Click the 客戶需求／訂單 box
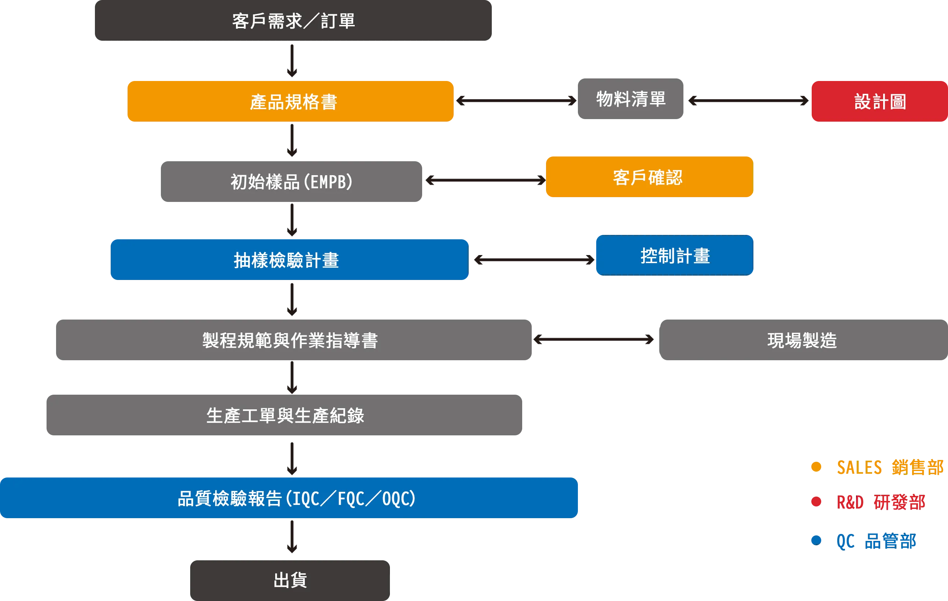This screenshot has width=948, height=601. click(x=293, y=21)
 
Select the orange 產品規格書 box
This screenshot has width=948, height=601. click(x=290, y=102)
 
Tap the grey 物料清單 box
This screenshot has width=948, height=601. click(x=631, y=99)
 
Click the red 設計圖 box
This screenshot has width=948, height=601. click(x=879, y=102)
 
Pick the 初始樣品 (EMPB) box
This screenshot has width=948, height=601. click(x=290, y=182)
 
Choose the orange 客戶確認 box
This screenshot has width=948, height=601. click(x=649, y=177)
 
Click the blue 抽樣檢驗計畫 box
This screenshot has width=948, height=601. click(x=289, y=260)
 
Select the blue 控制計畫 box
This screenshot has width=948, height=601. click(x=674, y=255)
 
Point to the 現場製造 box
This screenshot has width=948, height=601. click(x=801, y=340)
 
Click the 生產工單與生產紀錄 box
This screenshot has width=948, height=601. click(x=284, y=415)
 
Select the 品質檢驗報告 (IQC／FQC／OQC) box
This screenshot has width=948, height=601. click(x=289, y=498)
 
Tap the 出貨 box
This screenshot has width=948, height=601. click(x=289, y=580)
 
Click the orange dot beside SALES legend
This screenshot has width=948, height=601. click(x=816, y=467)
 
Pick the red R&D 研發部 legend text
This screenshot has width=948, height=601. click(x=880, y=502)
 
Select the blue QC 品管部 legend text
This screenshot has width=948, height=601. click(x=876, y=541)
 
